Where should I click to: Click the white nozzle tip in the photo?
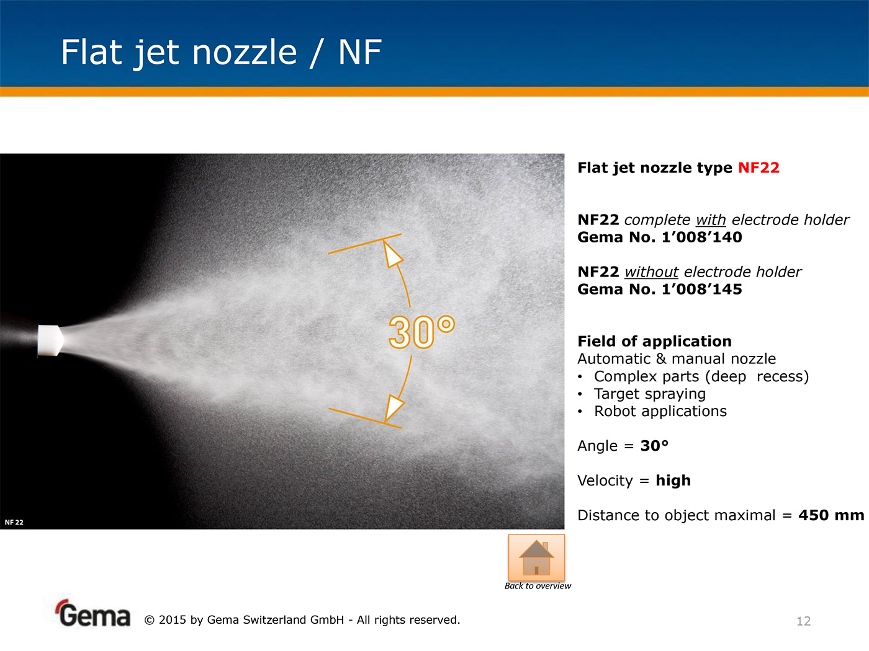click(x=50, y=340)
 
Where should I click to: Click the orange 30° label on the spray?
click(x=421, y=332)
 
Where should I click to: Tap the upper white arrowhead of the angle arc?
click(x=392, y=255)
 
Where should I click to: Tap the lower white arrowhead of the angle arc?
click(x=394, y=407)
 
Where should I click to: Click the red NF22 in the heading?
click(x=759, y=168)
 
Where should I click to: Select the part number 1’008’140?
click(x=701, y=237)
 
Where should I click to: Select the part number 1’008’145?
click(x=701, y=290)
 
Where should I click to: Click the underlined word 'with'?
click(x=711, y=219)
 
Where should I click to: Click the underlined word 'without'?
click(x=652, y=272)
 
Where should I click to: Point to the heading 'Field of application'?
click(x=654, y=341)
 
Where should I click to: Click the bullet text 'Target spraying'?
click(x=650, y=394)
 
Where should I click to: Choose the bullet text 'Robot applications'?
click(x=660, y=412)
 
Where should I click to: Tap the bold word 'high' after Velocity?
click(x=673, y=480)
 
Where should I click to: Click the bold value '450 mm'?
click(x=831, y=515)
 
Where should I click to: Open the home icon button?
click(x=536, y=557)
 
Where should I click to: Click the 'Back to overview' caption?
click(x=538, y=586)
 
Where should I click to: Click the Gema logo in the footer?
click(x=92, y=613)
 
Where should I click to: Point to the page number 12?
click(x=803, y=621)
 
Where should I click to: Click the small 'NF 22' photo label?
click(x=14, y=522)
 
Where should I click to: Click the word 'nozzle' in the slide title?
click(x=245, y=52)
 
